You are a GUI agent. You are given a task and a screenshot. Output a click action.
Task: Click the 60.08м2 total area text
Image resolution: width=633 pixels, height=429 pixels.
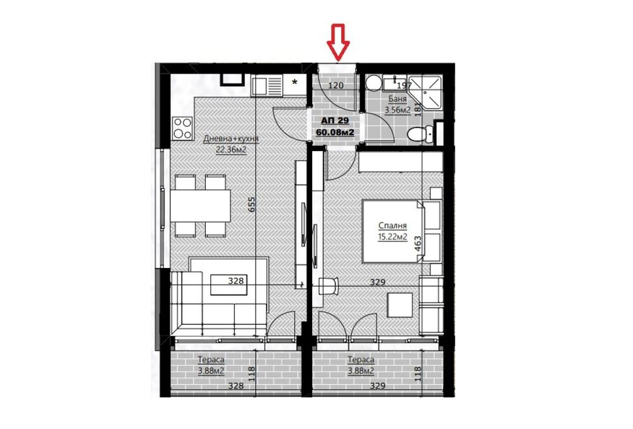tap(334, 132)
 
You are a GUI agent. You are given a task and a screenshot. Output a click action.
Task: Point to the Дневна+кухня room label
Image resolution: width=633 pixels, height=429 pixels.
tap(230, 139)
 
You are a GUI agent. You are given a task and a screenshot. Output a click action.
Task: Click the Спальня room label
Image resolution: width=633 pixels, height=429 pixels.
tap(392, 226)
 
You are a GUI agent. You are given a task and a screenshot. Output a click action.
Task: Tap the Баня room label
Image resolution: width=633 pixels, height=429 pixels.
tap(397, 99)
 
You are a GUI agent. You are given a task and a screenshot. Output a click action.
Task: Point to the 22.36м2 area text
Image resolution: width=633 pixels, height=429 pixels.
tap(231, 150)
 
